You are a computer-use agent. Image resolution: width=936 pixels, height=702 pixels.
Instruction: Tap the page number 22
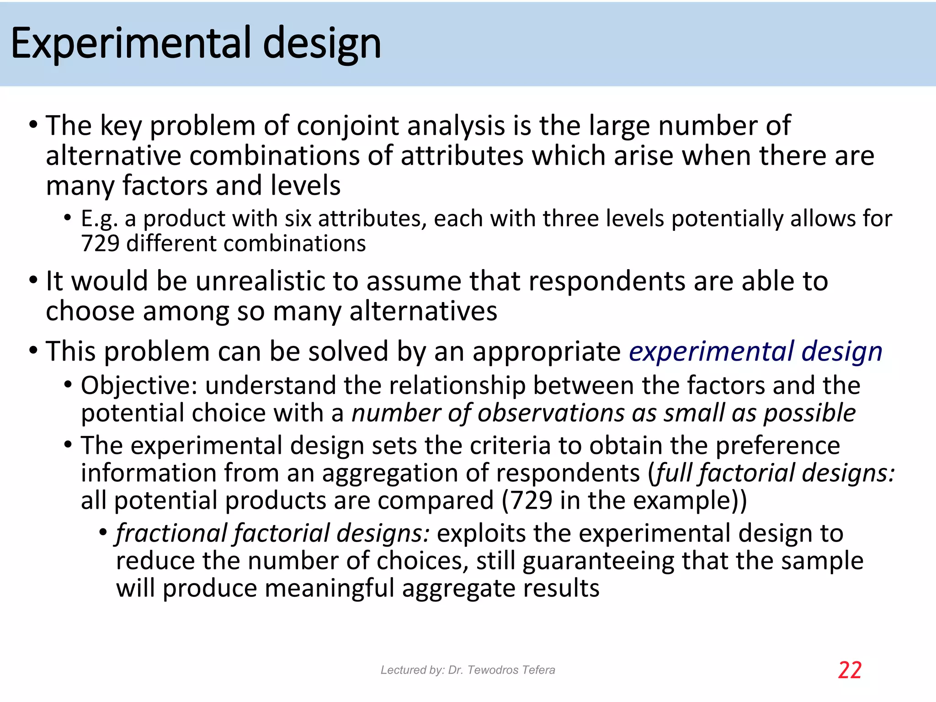coord(850,670)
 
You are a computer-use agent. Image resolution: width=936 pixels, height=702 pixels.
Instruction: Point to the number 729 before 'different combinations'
coord(100,243)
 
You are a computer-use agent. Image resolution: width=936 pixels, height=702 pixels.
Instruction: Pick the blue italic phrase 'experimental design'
coord(755,351)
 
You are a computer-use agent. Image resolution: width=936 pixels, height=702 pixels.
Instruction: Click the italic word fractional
coord(171,533)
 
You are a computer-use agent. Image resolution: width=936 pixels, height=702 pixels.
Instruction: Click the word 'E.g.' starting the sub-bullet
coord(99,219)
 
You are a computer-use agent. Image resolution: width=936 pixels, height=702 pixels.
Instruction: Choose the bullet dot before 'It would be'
coord(33,280)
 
